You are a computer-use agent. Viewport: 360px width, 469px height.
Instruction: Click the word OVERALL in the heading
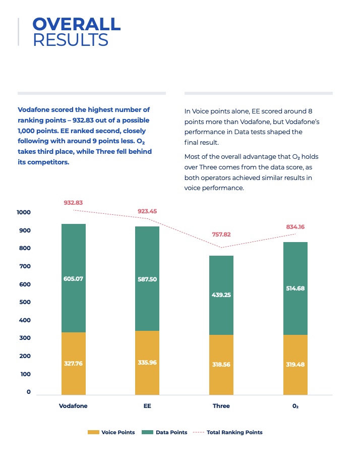point(77,24)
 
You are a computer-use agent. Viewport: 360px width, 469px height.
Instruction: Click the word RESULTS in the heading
point(71,40)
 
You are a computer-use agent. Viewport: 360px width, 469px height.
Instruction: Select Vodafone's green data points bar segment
point(74,278)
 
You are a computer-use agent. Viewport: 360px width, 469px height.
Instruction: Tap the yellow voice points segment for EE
point(147,363)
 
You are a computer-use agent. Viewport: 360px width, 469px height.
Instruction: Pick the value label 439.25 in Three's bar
point(221,295)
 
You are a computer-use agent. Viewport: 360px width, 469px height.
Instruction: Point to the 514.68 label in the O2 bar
point(295,288)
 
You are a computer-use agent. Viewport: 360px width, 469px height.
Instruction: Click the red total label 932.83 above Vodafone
point(73,203)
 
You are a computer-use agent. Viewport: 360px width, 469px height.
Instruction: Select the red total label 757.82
point(221,234)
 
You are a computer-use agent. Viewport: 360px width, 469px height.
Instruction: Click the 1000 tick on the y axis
point(24,212)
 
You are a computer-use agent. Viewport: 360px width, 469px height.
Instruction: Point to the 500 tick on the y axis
point(25,302)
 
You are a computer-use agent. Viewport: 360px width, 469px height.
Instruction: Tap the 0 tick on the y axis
point(29,392)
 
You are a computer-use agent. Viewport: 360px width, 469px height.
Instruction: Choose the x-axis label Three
point(221,406)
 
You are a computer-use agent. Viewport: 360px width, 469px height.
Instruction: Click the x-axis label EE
point(147,406)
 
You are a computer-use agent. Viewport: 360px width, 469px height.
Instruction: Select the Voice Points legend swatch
point(93,432)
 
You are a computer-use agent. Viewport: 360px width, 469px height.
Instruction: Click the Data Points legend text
point(171,432)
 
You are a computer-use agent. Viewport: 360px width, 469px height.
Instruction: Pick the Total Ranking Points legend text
point(235,432)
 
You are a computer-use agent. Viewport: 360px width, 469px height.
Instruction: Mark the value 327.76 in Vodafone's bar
point(73,364)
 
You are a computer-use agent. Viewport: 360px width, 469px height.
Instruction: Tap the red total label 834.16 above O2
point(295,227)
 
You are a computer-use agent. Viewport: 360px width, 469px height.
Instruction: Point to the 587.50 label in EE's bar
point(147,279)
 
